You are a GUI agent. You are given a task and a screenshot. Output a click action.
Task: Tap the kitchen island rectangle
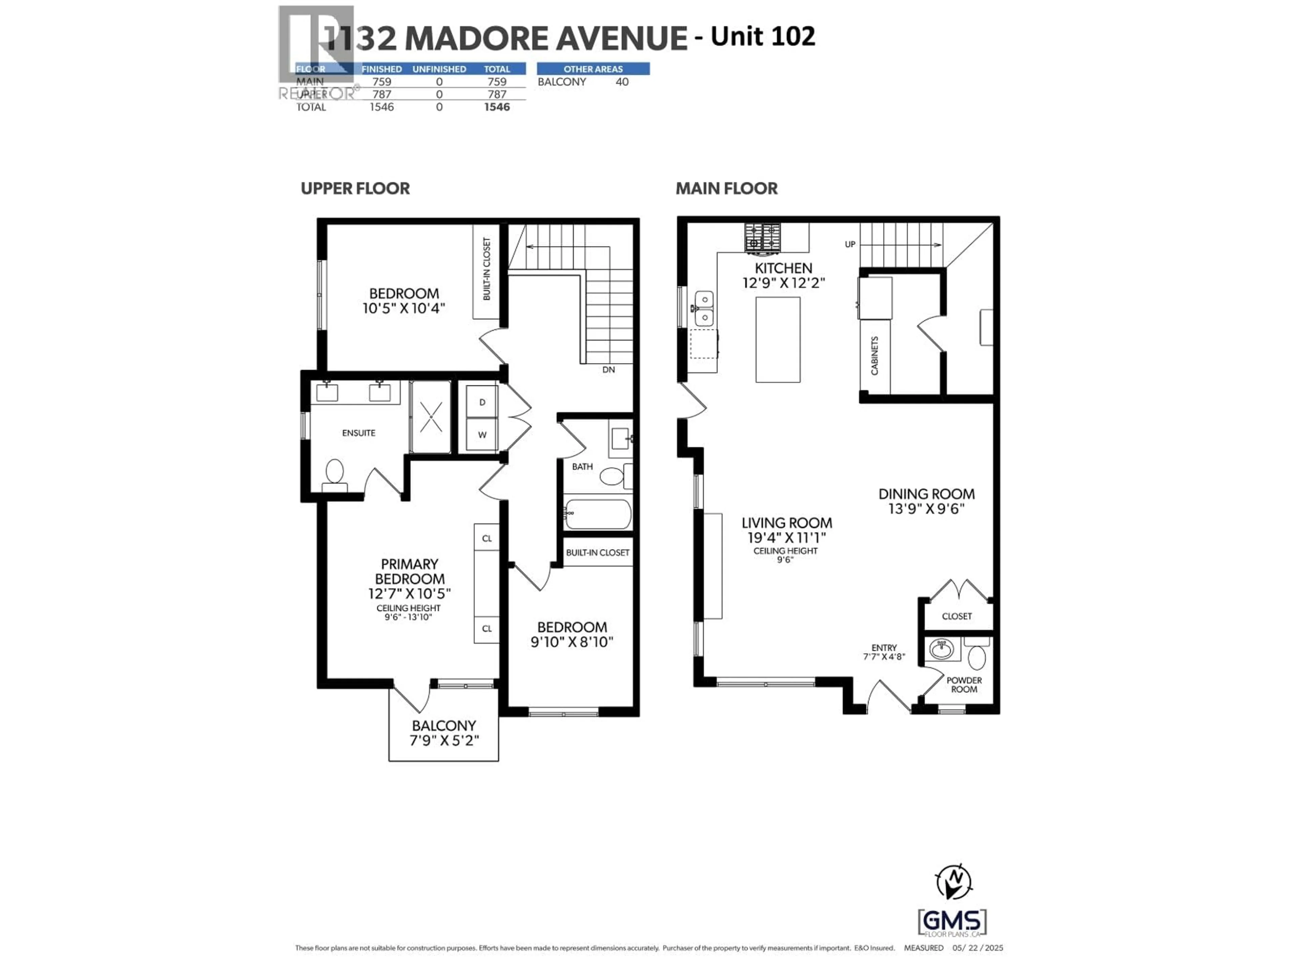tap(778, 340)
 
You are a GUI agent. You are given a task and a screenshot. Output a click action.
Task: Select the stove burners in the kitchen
tap(763, 237)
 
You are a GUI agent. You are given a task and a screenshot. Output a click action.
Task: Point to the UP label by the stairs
tap(850, 244)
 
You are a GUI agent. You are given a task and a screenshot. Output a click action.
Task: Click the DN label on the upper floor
tap(608, 370)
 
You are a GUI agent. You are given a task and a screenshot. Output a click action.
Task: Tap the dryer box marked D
tap(482, 402)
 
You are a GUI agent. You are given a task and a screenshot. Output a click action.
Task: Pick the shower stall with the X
tap(431, 417)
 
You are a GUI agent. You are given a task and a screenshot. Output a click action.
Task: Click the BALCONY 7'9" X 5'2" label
tap(444, 733)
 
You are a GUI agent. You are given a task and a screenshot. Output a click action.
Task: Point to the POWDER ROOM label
tap(964, 685)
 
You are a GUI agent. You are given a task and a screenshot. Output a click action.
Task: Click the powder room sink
tap(942, 649)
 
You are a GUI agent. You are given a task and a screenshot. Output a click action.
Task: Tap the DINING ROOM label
tap(926, 501)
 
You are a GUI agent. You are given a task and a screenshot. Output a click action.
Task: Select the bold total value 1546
tap(497, 107)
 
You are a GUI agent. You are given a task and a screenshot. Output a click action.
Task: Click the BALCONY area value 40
tap(622, 82)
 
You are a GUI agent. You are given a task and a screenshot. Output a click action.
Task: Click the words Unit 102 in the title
tap(763, 37)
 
